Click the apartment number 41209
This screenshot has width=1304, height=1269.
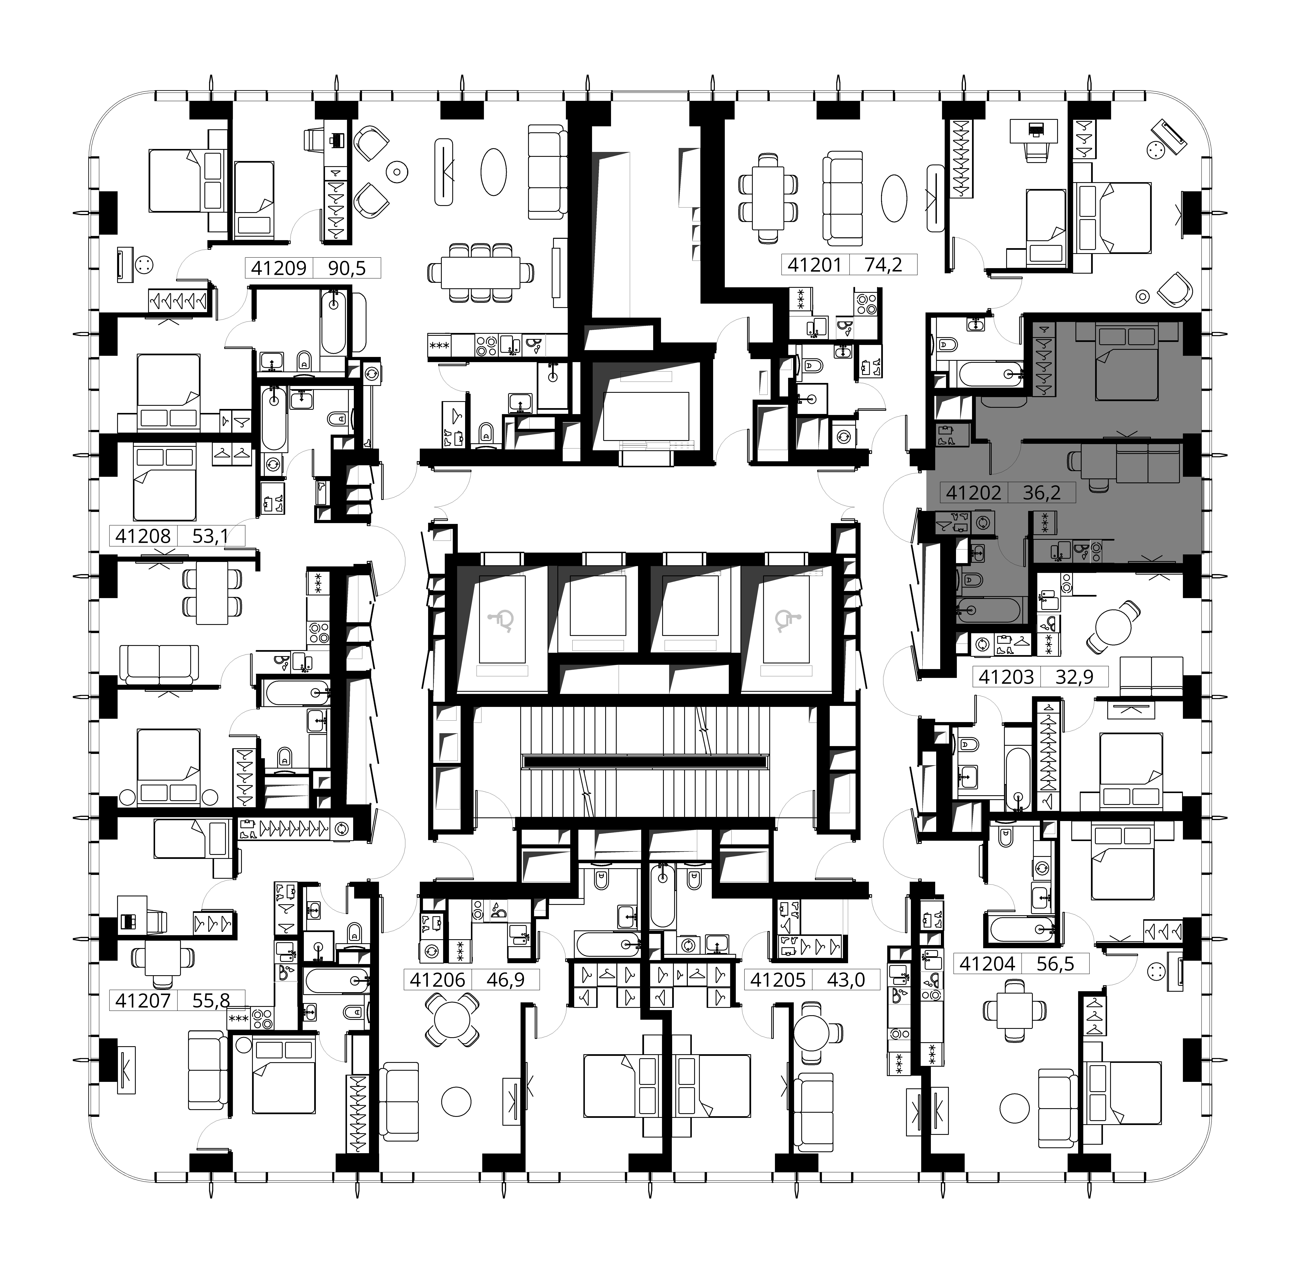(279, 268)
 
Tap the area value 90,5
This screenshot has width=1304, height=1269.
(347, 268)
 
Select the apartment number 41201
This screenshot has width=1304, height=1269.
(815, 265)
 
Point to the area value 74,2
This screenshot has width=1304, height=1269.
(884, 265)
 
